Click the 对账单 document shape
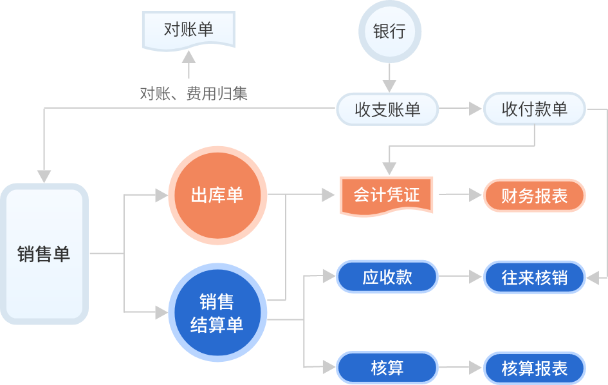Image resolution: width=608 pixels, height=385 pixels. coord(188,30)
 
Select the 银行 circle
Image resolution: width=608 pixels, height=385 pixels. coord(389,32)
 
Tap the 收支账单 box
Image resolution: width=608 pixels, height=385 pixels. coord(387,110)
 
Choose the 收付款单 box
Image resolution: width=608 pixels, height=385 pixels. coord(535,109)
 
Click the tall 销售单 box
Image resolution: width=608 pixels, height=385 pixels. coord(44,254)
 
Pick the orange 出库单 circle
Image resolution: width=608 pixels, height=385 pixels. coord(217,195)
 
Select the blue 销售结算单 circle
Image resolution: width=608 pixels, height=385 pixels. coord(217,314)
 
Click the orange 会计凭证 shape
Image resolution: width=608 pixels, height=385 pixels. coord(387,195)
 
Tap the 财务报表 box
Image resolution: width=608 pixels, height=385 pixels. coord(535,196)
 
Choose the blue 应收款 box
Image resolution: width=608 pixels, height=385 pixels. coord(387,277)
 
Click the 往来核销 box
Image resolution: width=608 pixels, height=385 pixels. coord(535,277)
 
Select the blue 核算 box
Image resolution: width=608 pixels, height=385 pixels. coord(387,368)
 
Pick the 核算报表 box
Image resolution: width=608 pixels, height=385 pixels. coord(535,368)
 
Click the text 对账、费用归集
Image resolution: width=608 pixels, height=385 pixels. coord(194,94)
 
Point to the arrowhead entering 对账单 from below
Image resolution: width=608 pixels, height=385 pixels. coord(189,56)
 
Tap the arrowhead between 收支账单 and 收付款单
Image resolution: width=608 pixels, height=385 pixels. coord(475,109)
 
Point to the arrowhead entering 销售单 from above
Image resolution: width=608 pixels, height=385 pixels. coord(44,176)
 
